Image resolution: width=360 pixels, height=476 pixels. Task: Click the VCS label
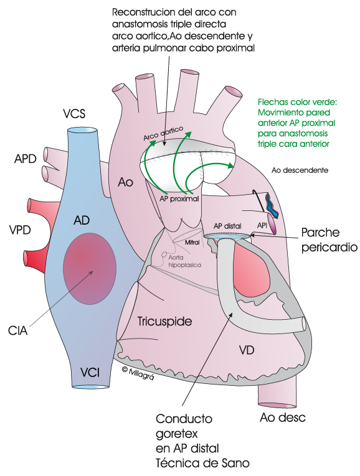pos(74,114)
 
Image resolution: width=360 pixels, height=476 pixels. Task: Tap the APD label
pos(26,159)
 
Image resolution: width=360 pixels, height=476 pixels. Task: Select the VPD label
pos(20,230)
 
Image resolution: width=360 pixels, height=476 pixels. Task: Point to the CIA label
pos(18,330)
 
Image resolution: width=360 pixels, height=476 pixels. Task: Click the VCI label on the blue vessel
pos(90,372)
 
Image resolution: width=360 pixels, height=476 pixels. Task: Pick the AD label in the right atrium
pos(82,220)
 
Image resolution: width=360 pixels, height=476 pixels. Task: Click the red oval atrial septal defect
pos(90,269)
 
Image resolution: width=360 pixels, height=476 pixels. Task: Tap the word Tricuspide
pos(164,321)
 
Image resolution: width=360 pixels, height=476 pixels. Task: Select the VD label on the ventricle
pos(247,350)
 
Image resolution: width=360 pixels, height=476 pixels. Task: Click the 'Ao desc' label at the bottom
pos(283,418)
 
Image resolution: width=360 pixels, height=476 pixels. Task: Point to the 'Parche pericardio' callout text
pos(329,240)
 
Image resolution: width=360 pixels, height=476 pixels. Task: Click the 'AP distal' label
pos(227,226)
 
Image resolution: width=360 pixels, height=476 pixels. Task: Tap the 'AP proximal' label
pos(179,199)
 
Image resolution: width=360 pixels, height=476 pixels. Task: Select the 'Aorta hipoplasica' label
pos(185,261)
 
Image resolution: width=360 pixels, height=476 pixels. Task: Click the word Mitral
pos(192,242)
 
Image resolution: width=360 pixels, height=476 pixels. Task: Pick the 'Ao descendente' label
pos(300,170)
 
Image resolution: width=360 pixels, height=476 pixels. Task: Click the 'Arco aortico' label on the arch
pos(163,134)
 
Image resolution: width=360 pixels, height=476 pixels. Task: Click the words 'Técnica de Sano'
pos(202,464)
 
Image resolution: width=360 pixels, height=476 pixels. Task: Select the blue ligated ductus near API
pos(272,206)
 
